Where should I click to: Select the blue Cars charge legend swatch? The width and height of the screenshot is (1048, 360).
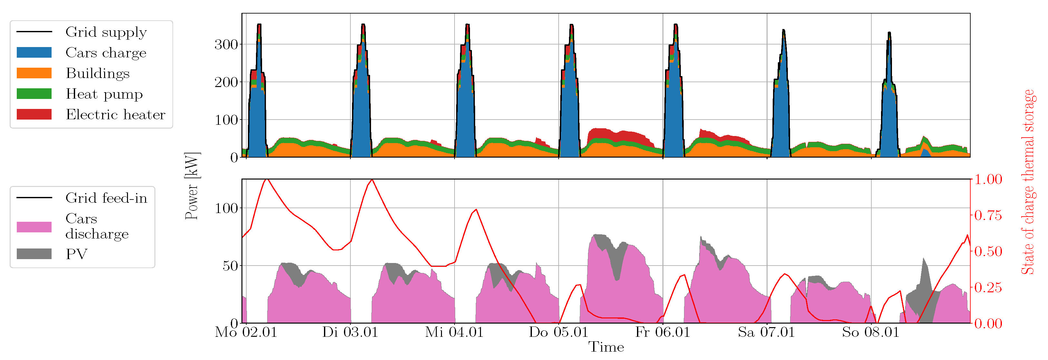coord(34,53)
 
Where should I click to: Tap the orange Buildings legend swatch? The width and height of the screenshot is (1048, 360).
coord(34,73)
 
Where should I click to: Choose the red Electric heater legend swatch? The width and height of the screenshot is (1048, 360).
coord(34,114)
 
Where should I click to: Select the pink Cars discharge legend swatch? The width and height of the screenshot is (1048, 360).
coord(34,227)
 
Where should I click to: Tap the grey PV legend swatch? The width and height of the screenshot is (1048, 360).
coord(34,254)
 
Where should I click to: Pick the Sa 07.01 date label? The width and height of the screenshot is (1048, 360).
coord(767,332)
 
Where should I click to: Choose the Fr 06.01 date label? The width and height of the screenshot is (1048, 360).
coord(662,332)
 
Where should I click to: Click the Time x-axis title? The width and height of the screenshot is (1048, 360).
coord(606,347)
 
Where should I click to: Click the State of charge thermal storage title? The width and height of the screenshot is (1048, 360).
coord(1028,182)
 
